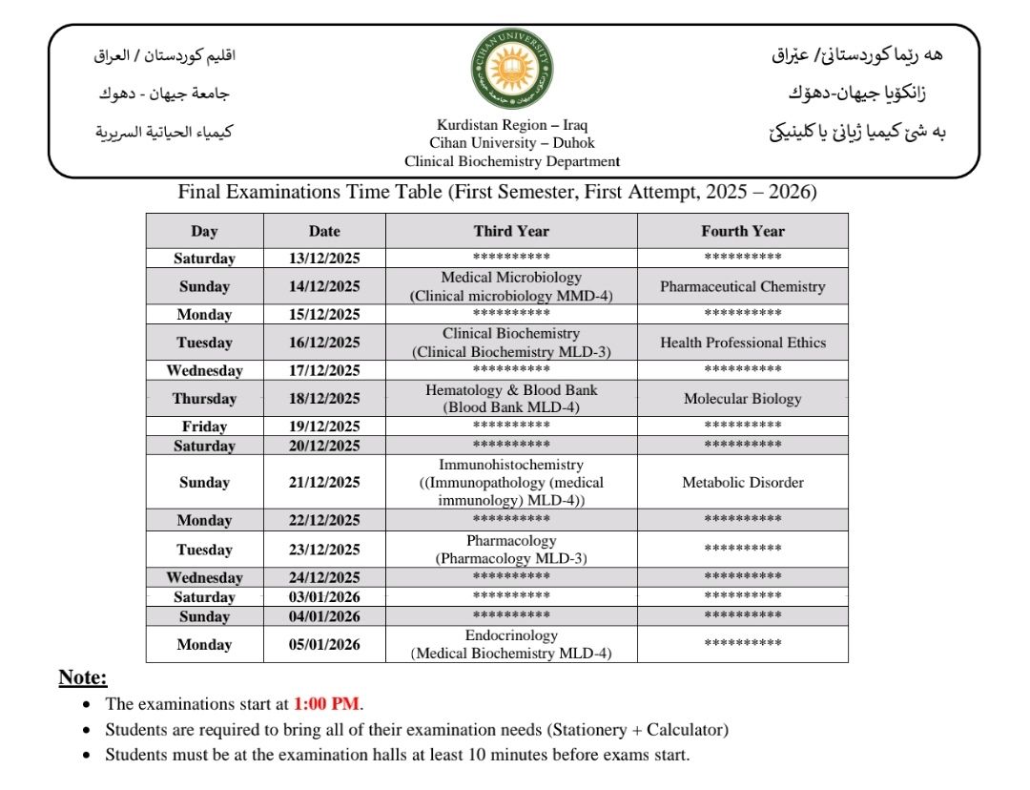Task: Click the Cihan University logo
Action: tap(511, 69)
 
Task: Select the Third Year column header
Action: tap(511, 231)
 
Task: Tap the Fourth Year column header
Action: tap(742, 231)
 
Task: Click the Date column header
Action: tap(324, 231)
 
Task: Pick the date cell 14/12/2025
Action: tap(324, 286)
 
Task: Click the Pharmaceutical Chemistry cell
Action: tap(742, 286)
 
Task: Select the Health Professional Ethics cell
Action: tap(742, 343)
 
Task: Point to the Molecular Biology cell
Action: tap(742, 399)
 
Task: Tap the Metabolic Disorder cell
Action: tap(742, 483)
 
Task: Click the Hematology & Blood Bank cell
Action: tap(511, 399)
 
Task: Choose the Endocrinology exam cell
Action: tap(511, 644)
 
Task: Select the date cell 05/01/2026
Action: tap(324, 645)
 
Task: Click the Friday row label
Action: tap(204, 426)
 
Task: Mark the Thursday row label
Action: tap(204, 399)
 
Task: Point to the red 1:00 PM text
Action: tap(326, 704)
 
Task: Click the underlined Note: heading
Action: tap(83, 678)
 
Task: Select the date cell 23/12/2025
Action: tap(324, 550)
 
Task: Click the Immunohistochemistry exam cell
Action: tap(511, 482)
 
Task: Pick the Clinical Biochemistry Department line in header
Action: tap(511, 161)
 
